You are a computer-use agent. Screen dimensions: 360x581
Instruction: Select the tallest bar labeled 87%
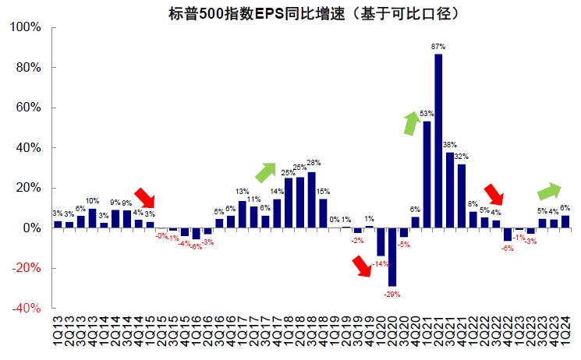click(x=438, y=140)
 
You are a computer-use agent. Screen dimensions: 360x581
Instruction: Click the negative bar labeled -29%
click(x=391, y=257)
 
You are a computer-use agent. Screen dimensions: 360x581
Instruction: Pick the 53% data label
click(x=427, y=115)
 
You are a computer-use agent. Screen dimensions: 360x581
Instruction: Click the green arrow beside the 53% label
click(x=410, y=122)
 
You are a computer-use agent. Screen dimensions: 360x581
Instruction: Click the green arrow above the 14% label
click(x=265, y=172)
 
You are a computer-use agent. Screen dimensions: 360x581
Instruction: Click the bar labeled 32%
click(x=462, y=196)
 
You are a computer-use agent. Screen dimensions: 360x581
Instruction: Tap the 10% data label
click(x=92, y=201)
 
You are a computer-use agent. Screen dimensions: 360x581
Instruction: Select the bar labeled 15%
click(x=323, y=213)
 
